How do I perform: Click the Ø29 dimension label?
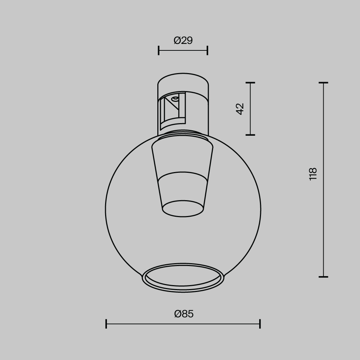coord(183,41)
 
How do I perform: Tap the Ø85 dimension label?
coord(184,314)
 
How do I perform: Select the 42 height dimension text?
coord(240,109)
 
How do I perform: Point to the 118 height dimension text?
coord(313,174)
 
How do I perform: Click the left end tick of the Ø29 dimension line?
coord(159,50)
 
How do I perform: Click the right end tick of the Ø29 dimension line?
coord(207,50)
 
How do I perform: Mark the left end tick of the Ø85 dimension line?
coord(106,324)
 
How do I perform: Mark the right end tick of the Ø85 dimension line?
coord(260,324)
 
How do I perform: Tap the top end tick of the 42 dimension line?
coord(250,83)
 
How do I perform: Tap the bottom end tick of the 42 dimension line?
coord(250,135)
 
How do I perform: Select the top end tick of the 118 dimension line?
coord(323,83)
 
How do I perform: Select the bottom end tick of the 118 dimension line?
coord(323,277)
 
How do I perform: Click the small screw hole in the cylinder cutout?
coord(175,98)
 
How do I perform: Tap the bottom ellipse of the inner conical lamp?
coord(183,209)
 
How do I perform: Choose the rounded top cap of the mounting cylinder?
coord(183,82)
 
